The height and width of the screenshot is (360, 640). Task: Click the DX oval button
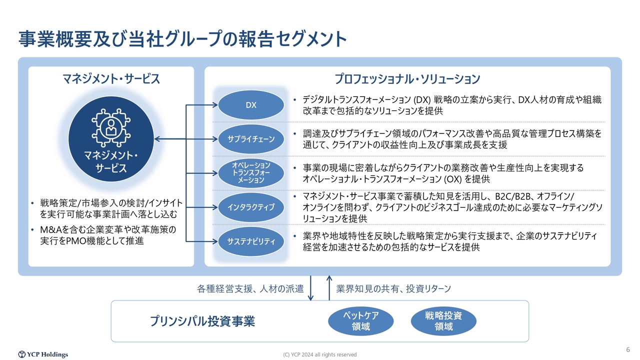coord(251,105)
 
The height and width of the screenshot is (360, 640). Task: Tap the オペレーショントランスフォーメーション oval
coord(251,172)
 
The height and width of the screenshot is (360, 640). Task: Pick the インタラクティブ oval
coord(251,207)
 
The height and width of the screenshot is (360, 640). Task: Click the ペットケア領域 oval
coord(360,321)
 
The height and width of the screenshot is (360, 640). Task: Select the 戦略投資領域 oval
coord(443,321)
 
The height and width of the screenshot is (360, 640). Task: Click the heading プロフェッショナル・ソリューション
coord(407,79)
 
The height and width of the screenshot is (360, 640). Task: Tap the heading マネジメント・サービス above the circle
coord(111,79)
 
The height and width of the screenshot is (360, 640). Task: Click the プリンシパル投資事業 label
coord(202,321)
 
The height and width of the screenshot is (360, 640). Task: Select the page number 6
coord(627,349)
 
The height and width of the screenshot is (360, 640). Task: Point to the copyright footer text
coord(320,354)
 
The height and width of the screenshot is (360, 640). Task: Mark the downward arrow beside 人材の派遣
coord(311,288)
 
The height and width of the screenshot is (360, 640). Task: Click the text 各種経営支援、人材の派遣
coord(250,289)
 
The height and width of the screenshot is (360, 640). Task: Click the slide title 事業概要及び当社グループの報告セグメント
coord(182,39)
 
